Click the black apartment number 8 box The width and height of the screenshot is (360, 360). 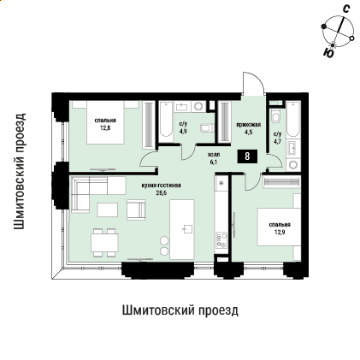(x=247, y=156)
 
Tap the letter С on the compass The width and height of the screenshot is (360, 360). (x=345, y=9)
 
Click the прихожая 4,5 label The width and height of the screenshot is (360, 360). (x=248, y=129)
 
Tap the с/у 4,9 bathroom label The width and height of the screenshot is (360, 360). (x=183, y=129)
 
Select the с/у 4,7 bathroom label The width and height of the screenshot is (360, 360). (x=277, y=139)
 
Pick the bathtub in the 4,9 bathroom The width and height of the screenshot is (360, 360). (x=163, y=122)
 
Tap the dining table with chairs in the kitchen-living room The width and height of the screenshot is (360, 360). (x=107, y=241)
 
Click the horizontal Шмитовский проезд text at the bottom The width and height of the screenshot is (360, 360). (x=180, y=309)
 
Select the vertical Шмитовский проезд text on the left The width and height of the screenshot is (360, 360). (x=20, y=170)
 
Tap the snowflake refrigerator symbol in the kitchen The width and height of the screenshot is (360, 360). (x=221, y=183)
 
